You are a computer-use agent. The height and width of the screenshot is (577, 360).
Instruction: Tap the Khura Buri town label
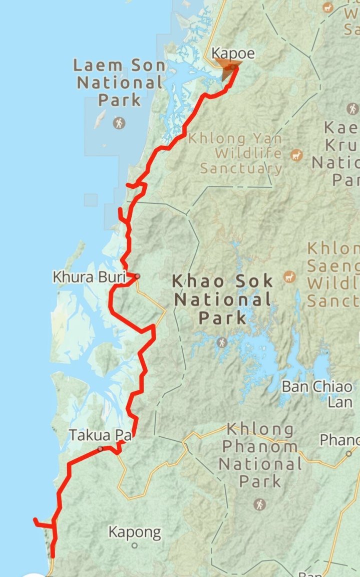point(89,276)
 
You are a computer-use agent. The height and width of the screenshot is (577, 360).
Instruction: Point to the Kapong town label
point(135,532)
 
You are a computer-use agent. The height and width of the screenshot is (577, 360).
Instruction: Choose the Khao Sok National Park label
point(223,299)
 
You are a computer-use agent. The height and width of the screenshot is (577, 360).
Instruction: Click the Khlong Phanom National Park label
point(260,455)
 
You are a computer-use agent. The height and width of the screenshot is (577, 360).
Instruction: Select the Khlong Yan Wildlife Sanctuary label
point(241,153)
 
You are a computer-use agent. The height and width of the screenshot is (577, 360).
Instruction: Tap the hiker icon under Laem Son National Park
point(119,122)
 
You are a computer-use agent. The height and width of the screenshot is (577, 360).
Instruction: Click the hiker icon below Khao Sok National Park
point(221,343)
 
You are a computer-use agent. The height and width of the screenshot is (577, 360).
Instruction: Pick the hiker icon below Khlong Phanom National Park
point(259,504)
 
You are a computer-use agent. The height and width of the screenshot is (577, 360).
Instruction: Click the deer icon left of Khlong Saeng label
point(289,276)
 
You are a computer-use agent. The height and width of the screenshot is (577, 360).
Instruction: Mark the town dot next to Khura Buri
point(137,276)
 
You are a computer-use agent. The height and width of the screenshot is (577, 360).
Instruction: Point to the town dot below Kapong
point(135,545)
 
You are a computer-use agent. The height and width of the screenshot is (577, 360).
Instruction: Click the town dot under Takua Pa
point(101,449)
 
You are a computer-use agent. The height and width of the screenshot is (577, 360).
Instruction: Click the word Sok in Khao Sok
point(254,281)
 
